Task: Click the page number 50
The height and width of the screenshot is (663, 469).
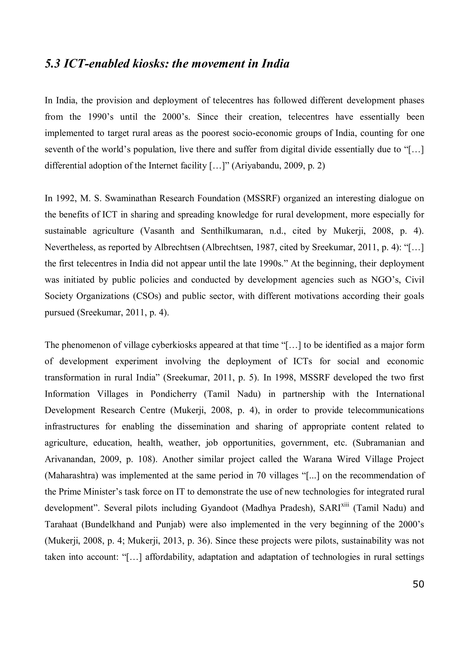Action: point(418,584)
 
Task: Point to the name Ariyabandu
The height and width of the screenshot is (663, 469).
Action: point(258,166)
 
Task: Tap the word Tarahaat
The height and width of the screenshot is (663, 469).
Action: point(61,524)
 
